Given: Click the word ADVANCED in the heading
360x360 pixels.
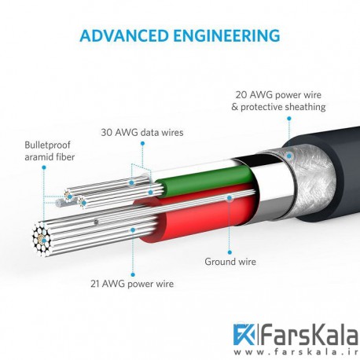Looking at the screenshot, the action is click(123, 36).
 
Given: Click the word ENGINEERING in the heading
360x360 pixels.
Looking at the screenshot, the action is click(226, 36).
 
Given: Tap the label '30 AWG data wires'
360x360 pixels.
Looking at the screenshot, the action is click(142, 132).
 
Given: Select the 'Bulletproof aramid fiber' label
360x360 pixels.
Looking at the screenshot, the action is click(50, 151).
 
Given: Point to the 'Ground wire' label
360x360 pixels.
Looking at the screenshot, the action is click(230, 262).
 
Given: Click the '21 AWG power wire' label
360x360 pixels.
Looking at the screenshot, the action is click(132, 284).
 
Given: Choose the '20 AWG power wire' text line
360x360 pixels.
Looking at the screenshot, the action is click(278, 95).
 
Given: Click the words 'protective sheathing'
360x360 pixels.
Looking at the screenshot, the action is click(283, 107).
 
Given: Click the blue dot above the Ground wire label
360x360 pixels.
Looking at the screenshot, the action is click(230, 252).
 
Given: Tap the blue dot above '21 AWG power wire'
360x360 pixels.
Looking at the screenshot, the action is click(133, 274).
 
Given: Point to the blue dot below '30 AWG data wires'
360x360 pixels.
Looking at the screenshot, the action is click(142, 143).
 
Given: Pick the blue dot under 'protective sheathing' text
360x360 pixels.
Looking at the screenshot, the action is click(289, 119).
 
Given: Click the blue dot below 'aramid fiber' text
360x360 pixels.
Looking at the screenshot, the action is click(44, 167).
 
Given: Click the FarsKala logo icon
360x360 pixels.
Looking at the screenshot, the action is click(244, 334).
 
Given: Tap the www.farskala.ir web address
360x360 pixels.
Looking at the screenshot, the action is click(296, 352).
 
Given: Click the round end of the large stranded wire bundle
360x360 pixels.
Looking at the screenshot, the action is click(41, 238).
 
